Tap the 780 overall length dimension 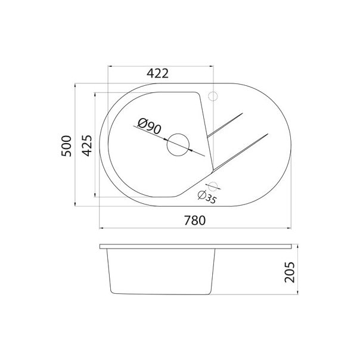[x=194, y=221]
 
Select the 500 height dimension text [x=66, y=145]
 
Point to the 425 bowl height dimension [x=87, y=145]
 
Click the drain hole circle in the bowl [x=178, y=145]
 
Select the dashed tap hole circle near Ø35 [x=214, y=184]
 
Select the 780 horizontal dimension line [x=194, y=228]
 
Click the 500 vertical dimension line [x=75, y=179]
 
